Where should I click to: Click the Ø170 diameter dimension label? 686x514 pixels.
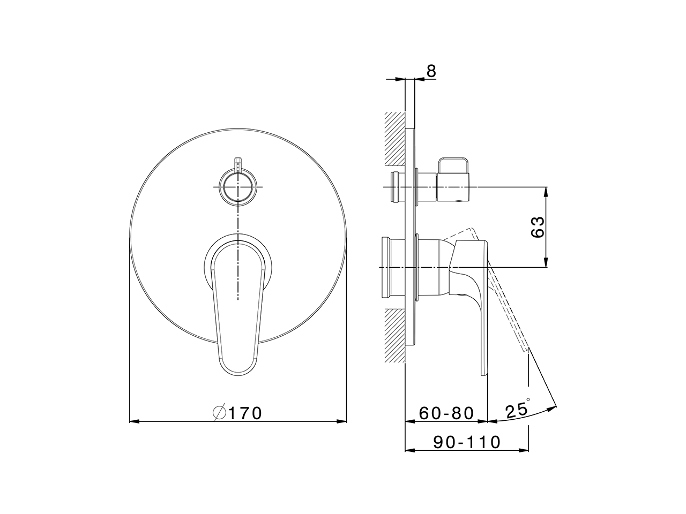237,413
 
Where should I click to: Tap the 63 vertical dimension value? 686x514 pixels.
538,227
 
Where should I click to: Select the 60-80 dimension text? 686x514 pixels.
446,413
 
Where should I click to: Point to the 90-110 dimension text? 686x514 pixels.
466,442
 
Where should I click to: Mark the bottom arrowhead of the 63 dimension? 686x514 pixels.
546,262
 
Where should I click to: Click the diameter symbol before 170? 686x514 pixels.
219,413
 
